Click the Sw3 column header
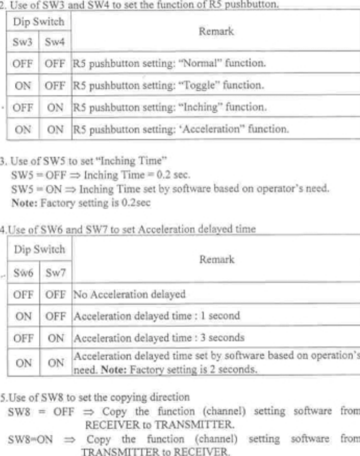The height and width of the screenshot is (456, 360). [21, 45]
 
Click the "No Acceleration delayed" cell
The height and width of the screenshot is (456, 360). [130, 294]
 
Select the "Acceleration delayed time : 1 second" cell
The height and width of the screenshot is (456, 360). [157, 315]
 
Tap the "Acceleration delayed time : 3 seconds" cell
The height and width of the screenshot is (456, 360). [159, 337]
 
